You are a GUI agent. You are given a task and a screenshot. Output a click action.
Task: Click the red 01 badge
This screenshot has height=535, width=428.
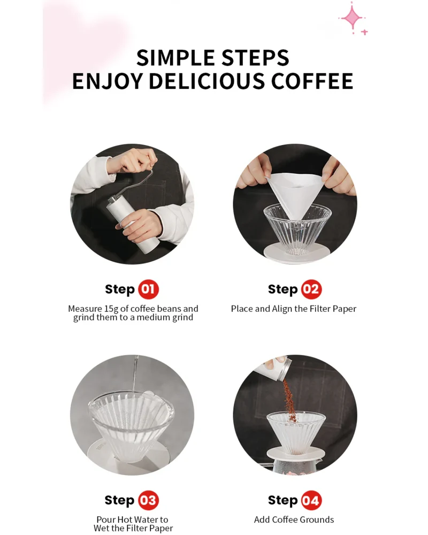click(x=148, y=289)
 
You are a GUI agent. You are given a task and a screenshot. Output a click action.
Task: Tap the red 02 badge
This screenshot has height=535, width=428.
click(x=311, y=289)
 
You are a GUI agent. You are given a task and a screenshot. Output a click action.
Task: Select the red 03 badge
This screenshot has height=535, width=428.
click(x=148, y=500)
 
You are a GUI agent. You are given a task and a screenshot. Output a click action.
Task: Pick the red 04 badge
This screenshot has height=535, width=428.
click(x=311, y=500)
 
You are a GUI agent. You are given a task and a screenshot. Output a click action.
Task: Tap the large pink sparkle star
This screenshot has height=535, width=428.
click(x=352, y=18)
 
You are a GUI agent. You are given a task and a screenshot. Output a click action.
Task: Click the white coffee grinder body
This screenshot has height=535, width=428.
click(x=133, y=226)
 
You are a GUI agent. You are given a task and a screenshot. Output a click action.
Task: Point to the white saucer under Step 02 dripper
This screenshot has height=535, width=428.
click(x=297, y=253)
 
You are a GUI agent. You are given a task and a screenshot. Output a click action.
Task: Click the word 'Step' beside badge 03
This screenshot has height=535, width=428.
click(x=119, y=501)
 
